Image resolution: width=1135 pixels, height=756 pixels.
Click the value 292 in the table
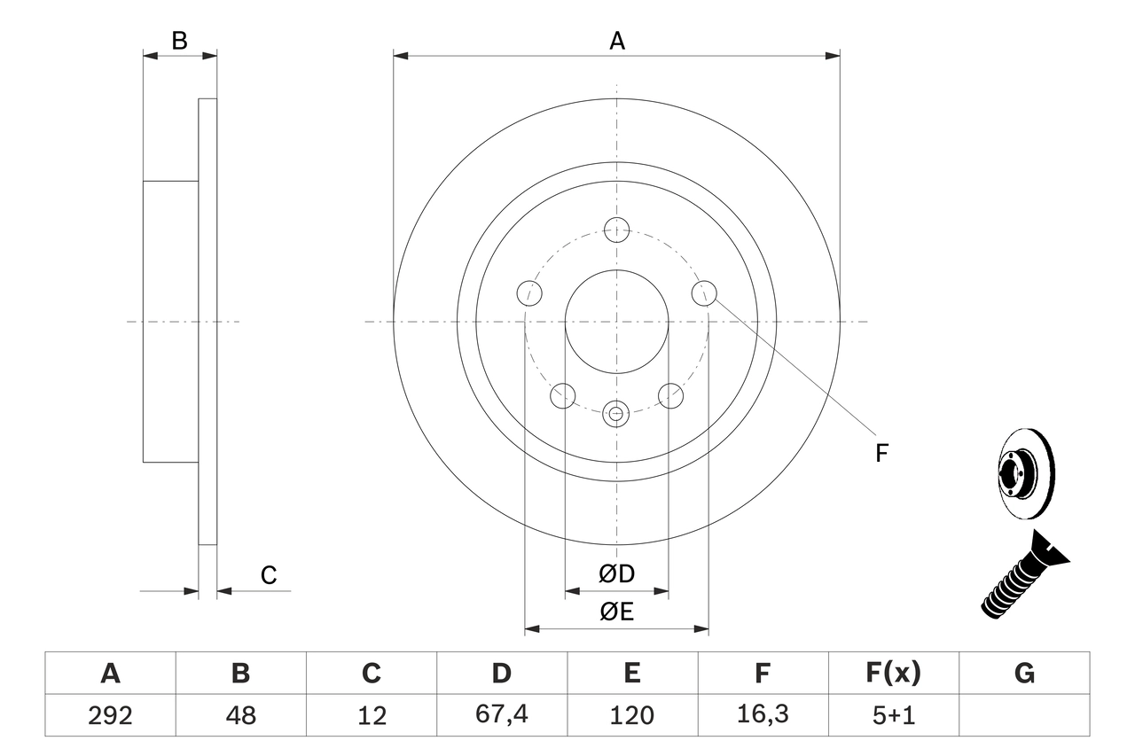[110, 715]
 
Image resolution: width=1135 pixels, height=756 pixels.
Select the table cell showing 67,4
[501, 715]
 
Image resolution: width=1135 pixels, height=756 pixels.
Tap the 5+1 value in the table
[893, 715]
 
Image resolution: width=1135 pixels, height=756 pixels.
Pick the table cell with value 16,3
[763, 715]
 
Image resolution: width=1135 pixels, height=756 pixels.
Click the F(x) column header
[893, 674]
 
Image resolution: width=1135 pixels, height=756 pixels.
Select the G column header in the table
[1024, 674]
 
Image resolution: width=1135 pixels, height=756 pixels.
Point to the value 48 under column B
[240, 715]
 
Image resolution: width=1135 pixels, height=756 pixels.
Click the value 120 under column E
[631, 715]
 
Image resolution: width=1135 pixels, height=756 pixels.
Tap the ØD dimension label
[617, 574]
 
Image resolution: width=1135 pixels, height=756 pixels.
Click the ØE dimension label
[617, 612]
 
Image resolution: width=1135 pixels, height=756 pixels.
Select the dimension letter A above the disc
[617, 41]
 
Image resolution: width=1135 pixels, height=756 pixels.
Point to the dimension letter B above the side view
[180, 41]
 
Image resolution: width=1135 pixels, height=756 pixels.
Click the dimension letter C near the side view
[269, 576]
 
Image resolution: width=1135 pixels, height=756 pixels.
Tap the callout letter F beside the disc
[881, 454]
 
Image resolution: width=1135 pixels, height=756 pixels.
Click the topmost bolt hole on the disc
[616, 230]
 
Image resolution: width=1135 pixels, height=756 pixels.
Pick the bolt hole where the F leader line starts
[704, 292]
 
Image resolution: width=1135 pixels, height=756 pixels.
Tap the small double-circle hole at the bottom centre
[616, 412]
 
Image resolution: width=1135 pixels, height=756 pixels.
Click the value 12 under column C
[371, 715]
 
